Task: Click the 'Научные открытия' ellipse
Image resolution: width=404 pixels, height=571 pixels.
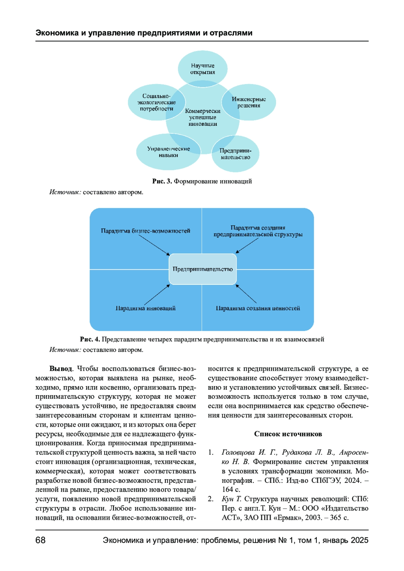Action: (202, 69)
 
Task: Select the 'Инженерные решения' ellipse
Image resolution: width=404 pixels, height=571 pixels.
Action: (249, 102)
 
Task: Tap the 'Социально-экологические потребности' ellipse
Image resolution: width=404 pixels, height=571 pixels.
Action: (157, 102)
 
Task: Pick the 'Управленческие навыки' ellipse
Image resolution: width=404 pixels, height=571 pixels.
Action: (168, 152)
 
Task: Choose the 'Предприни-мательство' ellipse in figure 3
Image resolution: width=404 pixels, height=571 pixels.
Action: (235, 154)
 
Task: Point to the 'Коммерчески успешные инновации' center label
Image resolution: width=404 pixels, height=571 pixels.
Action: (203, 117)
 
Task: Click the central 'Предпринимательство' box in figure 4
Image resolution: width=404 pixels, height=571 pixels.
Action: (203, 269)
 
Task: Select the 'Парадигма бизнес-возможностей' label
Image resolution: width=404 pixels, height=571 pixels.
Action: (145, 231)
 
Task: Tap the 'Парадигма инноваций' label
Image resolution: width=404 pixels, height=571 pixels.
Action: (145, 308)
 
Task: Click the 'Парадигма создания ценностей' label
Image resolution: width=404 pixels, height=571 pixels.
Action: (258, 308)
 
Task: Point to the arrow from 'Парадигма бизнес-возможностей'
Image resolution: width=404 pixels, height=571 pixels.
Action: (155, 245)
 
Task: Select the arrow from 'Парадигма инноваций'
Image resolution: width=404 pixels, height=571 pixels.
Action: (157, 295)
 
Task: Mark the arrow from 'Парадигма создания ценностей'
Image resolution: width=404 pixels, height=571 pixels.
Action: (246, 294)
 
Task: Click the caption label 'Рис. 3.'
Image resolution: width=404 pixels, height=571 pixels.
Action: (162, 181)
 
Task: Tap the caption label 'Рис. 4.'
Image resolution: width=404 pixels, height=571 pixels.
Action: (90, 339)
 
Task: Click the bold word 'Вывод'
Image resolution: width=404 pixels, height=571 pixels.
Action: (61, 369)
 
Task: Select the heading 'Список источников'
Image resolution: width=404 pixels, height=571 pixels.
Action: (288, 434)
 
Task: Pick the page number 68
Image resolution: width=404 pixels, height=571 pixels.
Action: (40, 540)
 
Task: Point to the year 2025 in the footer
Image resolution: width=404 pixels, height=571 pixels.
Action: (360, 540)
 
